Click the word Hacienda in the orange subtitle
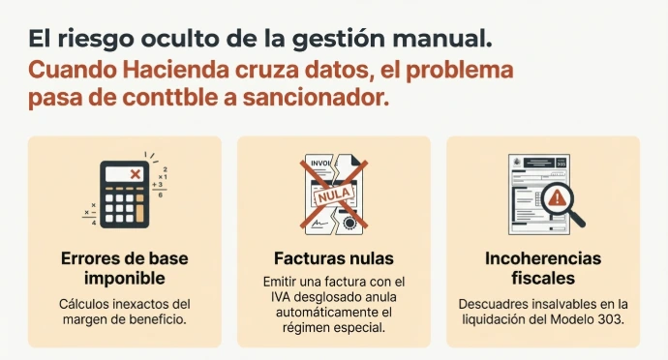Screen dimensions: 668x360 coord(176,70)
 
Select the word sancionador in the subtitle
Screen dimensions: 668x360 coord(316,98)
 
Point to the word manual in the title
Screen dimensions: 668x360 coord(442,39)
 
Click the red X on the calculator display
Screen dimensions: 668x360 coord(136,174)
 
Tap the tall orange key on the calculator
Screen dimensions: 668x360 coord(139,214)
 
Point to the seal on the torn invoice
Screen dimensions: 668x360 coord(350,223)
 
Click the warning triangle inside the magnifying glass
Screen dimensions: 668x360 coord(557,198)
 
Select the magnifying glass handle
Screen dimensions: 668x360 coord(577,219)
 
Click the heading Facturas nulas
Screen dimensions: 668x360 coord(334,258)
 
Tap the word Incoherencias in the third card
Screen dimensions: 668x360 coord(543,258)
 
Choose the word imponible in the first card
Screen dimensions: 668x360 coord(124,279)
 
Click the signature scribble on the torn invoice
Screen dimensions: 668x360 coord(319,223)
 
